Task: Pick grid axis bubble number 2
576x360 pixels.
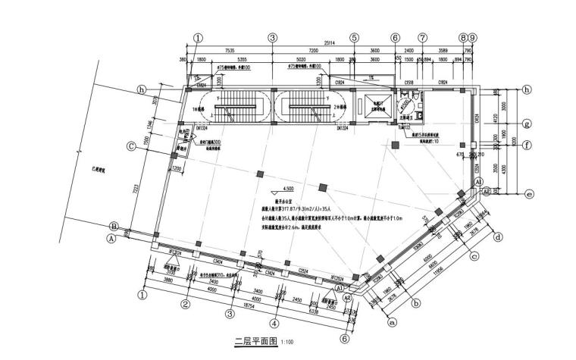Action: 184,305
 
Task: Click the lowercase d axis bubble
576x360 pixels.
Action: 498,237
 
